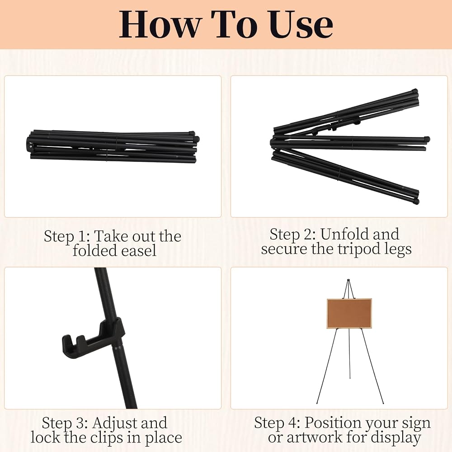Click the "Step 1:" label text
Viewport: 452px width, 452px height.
point(65,236)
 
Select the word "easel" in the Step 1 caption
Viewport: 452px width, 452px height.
point(140,250)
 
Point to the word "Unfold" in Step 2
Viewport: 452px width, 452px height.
point(344,234)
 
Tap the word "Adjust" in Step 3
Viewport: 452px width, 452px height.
point(113,423)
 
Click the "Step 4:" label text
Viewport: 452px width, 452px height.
point(278,423)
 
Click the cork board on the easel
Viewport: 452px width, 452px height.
point(349,313)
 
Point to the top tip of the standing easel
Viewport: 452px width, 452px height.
point(348,280)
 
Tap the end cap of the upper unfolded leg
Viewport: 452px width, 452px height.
point(414,91)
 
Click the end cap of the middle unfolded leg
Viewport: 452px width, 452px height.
point(427,139)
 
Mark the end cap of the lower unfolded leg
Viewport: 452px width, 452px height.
point(415,201)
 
